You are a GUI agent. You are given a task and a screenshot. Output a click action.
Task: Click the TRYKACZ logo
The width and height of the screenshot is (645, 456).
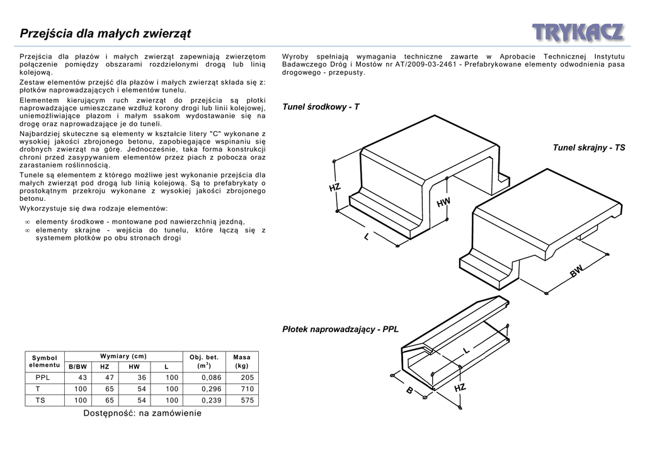(578, 33)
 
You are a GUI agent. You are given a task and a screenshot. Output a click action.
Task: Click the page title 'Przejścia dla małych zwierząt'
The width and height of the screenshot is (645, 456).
(106, 33)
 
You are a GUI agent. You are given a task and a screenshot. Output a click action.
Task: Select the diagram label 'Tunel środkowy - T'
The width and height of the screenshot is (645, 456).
(321, 107)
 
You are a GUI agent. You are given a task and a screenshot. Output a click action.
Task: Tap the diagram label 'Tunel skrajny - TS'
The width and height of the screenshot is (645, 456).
(589, 147)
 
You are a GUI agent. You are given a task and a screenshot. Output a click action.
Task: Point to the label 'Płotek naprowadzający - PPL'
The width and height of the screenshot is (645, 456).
(340, 329)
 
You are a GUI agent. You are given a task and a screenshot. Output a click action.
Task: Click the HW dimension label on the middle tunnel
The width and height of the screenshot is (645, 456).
(443, 202)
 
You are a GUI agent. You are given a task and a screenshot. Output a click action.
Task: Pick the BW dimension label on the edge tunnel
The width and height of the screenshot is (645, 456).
(577, 271)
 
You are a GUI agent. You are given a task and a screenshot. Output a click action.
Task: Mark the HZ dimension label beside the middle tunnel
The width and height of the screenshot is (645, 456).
(334, 188)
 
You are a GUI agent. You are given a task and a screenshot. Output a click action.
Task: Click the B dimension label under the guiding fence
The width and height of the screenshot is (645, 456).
(409, 391)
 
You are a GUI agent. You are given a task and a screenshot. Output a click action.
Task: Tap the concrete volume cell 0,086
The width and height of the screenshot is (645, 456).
(211, 377)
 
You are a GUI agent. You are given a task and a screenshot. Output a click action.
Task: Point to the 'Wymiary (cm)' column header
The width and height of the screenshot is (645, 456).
(123, 356)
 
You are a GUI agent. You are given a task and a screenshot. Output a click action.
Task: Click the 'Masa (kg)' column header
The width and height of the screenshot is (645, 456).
(241, 362)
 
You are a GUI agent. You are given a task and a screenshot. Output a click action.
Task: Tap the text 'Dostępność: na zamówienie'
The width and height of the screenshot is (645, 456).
(142, 413)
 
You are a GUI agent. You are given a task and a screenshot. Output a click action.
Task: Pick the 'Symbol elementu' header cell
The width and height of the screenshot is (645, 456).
(44, 362)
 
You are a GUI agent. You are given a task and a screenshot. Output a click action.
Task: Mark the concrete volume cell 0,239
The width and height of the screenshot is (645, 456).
(211, 400)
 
